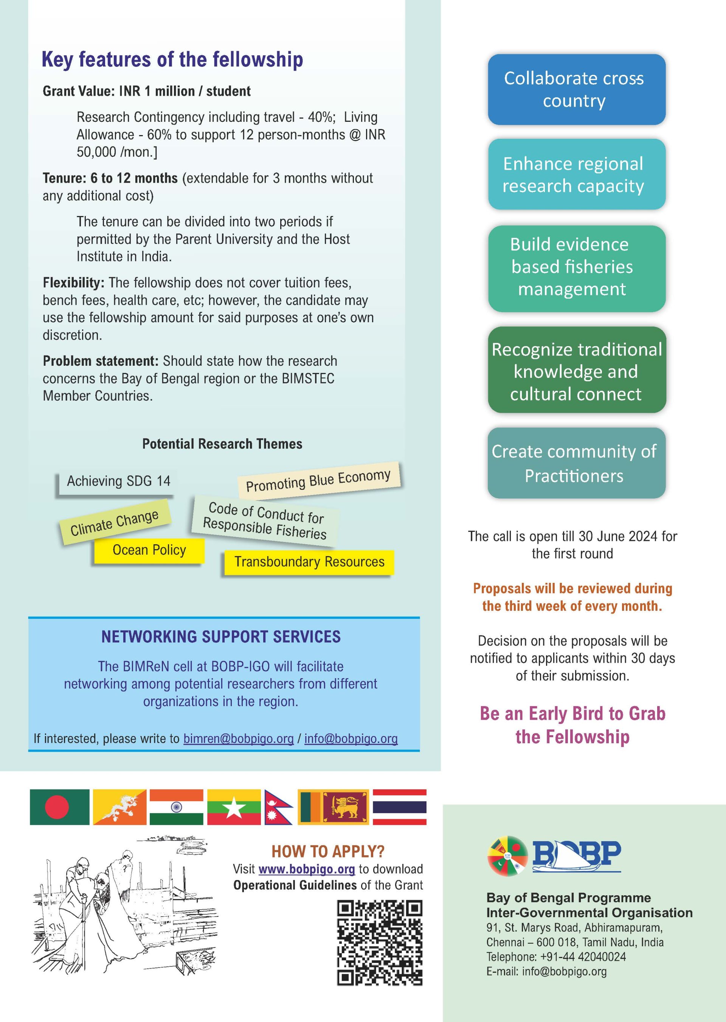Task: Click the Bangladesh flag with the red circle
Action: (x=59, y=807)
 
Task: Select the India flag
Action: (x=176, y=807)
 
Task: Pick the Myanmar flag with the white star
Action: (x=233, y=807)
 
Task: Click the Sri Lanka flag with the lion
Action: (x=333, y=807)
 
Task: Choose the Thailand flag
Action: (x=399, y=807)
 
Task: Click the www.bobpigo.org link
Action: (x=306, y=869)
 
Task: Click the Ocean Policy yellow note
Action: (x=149, y=550)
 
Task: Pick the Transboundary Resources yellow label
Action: (x=309, y=562)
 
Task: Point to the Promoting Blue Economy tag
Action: (x=318, y=480)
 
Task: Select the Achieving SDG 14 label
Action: (x=118, y=481)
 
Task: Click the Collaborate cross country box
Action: (x=576, y=89)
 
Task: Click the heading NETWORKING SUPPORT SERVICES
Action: (x=221, y=636)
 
